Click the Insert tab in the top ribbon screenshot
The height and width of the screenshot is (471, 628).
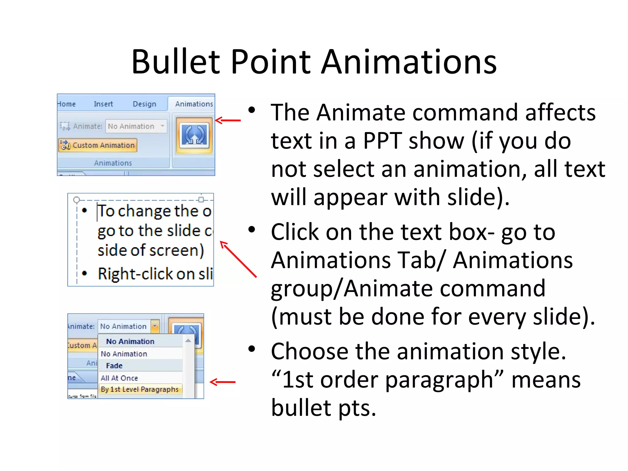pos(103,104)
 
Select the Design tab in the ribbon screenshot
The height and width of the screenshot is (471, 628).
pos(144,104)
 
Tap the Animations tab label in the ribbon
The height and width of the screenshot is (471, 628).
pos(194,104)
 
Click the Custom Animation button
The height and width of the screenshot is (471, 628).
pos(98,145)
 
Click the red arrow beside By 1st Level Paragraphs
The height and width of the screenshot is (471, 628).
pos(223,382)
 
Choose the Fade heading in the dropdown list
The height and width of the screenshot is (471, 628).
pos(114,366)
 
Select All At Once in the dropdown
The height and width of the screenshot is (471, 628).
pos(119,378)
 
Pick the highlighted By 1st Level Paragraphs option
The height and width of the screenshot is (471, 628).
pos(140,389)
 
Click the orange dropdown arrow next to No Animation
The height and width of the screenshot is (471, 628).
pos(155,326)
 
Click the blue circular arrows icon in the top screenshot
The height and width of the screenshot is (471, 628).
pos(194,135)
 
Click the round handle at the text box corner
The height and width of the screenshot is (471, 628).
pos(77,200)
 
